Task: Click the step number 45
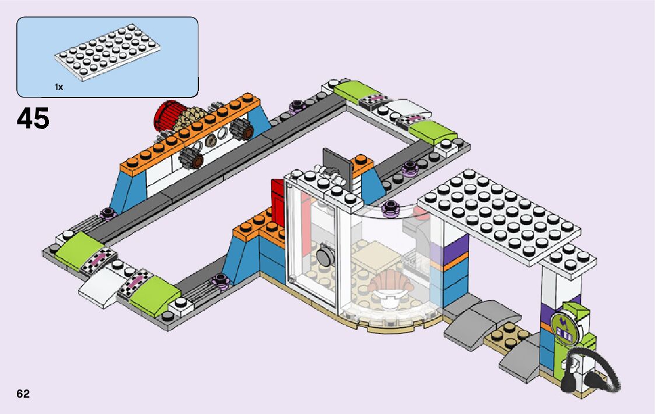click(33, 119)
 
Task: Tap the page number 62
click(23, 394)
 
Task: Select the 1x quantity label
click(58, 87)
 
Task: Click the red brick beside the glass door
click(277, 202)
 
